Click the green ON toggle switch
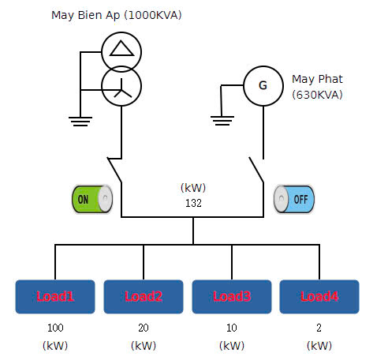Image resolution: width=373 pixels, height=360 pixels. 92,199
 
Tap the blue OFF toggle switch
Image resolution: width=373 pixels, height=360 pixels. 294,199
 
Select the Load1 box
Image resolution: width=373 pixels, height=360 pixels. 55,297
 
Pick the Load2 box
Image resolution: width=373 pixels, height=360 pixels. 144,297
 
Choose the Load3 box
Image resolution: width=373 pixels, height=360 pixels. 232,297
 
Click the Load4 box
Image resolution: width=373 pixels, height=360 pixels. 319,297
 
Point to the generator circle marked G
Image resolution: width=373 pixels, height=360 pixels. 263,86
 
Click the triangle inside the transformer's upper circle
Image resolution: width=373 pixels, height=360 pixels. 121,48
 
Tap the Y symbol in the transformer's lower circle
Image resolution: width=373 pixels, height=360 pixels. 122,88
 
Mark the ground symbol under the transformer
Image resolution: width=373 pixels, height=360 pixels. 80,122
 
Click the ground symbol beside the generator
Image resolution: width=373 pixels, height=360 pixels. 222,121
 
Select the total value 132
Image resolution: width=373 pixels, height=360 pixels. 193,203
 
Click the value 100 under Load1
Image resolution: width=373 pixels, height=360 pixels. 55,328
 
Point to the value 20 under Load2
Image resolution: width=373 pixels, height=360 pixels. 144,328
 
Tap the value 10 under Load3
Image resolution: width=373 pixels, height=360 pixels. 232,328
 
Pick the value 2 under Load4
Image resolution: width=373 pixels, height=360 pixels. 319,328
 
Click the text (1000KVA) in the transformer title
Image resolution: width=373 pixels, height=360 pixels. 153,15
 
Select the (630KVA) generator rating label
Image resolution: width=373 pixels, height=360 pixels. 318,95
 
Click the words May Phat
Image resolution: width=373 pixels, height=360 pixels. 317,79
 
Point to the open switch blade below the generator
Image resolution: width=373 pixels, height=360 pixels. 256,170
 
